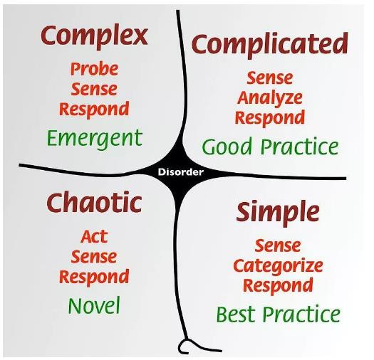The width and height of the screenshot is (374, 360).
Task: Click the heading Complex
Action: [94, 37]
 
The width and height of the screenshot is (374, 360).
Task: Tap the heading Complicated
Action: [269, 46]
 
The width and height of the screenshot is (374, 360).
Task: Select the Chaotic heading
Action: [94, 203]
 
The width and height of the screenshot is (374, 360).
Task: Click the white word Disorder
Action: [181, 171]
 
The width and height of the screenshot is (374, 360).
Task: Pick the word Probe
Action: [95, 69]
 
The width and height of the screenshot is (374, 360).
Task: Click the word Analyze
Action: [270, 98]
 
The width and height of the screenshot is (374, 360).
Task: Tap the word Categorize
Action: [278, 266]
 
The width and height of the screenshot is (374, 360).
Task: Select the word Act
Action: [94, 237]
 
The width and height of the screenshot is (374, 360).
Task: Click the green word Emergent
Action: [95, 139]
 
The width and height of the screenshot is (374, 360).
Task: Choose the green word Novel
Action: [94, 306]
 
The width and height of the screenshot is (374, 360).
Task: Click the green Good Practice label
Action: [270, 147]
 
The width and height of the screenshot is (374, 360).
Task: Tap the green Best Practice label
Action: [278, 314]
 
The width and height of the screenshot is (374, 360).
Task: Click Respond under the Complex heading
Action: [94, 110]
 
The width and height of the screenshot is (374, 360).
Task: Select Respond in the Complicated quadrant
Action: [270, 118]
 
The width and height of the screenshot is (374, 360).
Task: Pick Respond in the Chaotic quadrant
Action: [94, 277]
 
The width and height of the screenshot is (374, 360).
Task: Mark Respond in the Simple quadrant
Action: [278, 286]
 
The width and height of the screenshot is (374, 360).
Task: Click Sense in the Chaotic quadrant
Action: [94, 257]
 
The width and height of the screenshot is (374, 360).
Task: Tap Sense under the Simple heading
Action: [278, 246]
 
